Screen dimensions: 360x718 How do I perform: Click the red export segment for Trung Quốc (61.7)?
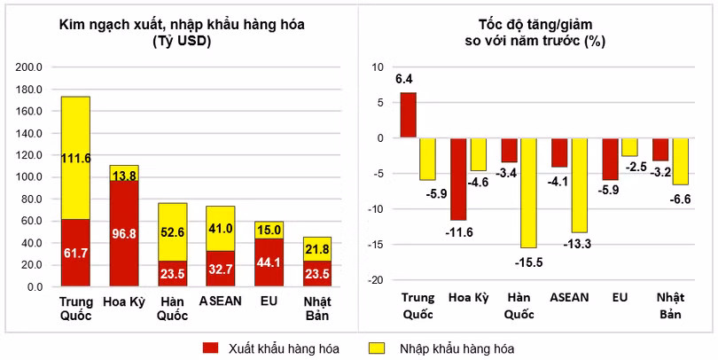click(75, 253)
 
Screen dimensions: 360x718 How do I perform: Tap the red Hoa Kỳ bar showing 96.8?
click(123, 232)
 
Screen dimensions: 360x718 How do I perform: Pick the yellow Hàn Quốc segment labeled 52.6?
click(172, 231)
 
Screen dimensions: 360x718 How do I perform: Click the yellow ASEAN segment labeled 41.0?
click(220, 228)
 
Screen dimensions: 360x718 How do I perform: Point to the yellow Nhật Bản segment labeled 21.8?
click(316, 249)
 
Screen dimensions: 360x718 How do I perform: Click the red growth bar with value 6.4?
click(408, 115)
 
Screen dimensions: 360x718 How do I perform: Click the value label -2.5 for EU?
click(629, 167)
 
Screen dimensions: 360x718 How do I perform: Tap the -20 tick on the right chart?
click(376, 280)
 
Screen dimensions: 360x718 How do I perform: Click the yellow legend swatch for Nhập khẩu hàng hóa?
click(379, 348)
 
